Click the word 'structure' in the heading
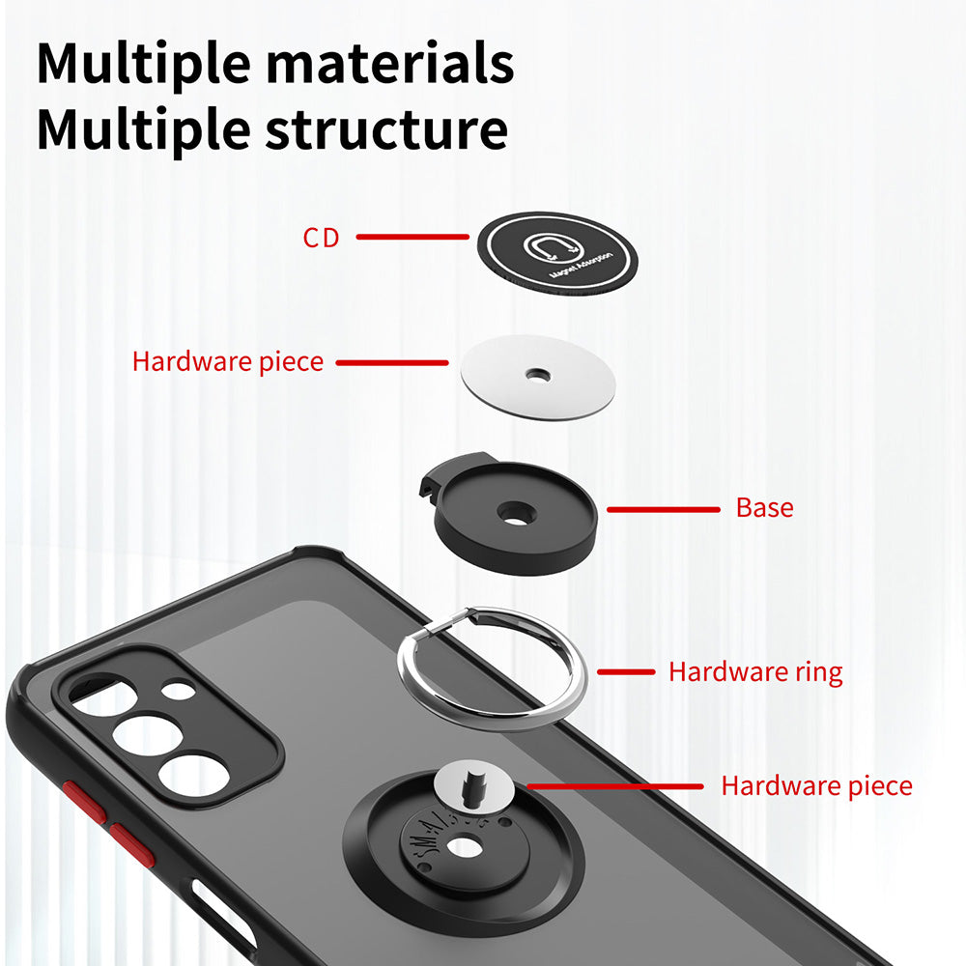tap(386, 130)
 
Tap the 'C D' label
tap(321, 238)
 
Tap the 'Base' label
tap(764, 508)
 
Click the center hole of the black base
tap(518, 513)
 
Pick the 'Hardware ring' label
tap(755, 671)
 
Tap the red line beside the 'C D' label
tap(412, 237)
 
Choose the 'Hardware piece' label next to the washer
tap(228, 362)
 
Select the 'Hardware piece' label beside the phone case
tap(816, 785)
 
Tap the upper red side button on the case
tap(84, 802)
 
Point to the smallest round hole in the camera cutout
tap(178, 691)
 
